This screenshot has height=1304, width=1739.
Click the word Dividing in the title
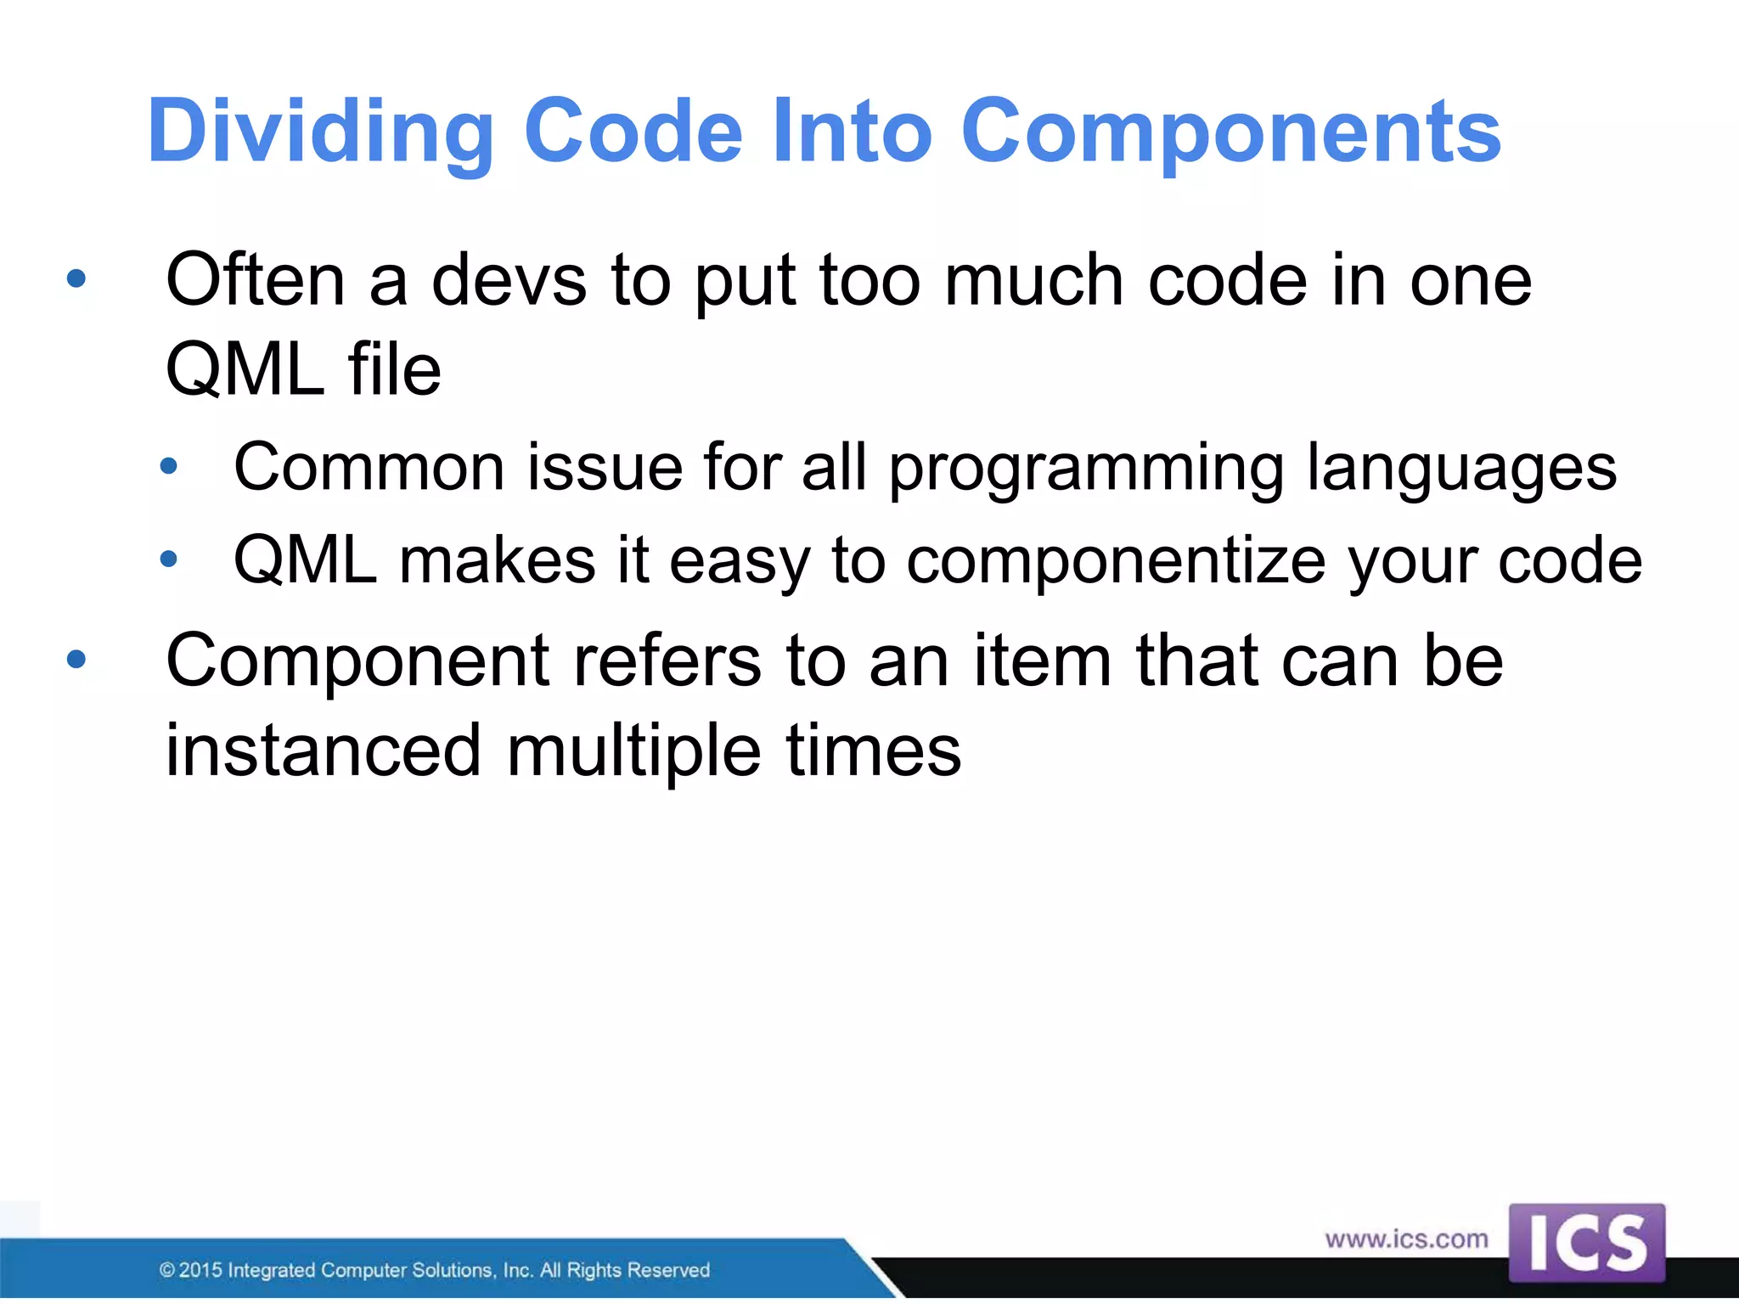click(x=320, y=132)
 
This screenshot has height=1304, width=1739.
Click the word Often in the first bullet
click(x=255, y=280)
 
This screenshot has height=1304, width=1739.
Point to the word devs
click(x=509, y=280)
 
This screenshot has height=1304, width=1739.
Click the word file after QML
click(x=394, y=370)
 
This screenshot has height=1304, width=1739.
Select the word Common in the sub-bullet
click(x=369, y=467)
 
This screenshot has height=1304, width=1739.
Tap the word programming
click(x=1086, y=469)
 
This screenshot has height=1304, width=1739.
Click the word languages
click(x=1461, y=469)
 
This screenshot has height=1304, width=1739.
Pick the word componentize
click(x=1116, y=562)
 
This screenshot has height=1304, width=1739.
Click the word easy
click(x=740, y=562)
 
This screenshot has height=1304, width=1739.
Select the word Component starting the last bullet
click(x=357, y=662)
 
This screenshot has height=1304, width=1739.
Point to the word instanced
click(x=324, y=750)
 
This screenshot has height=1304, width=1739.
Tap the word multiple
click(x=633, y=750)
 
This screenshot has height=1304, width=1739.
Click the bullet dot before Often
click(x=76, y=278)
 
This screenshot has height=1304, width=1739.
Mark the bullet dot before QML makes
click(x=169, y=559)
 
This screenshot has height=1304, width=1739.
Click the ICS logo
click(x=1586, y=1243)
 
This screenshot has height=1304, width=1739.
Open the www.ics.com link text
click(x=1406, y=1239)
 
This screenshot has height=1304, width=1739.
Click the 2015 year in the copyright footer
click(x=200, y=1270)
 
